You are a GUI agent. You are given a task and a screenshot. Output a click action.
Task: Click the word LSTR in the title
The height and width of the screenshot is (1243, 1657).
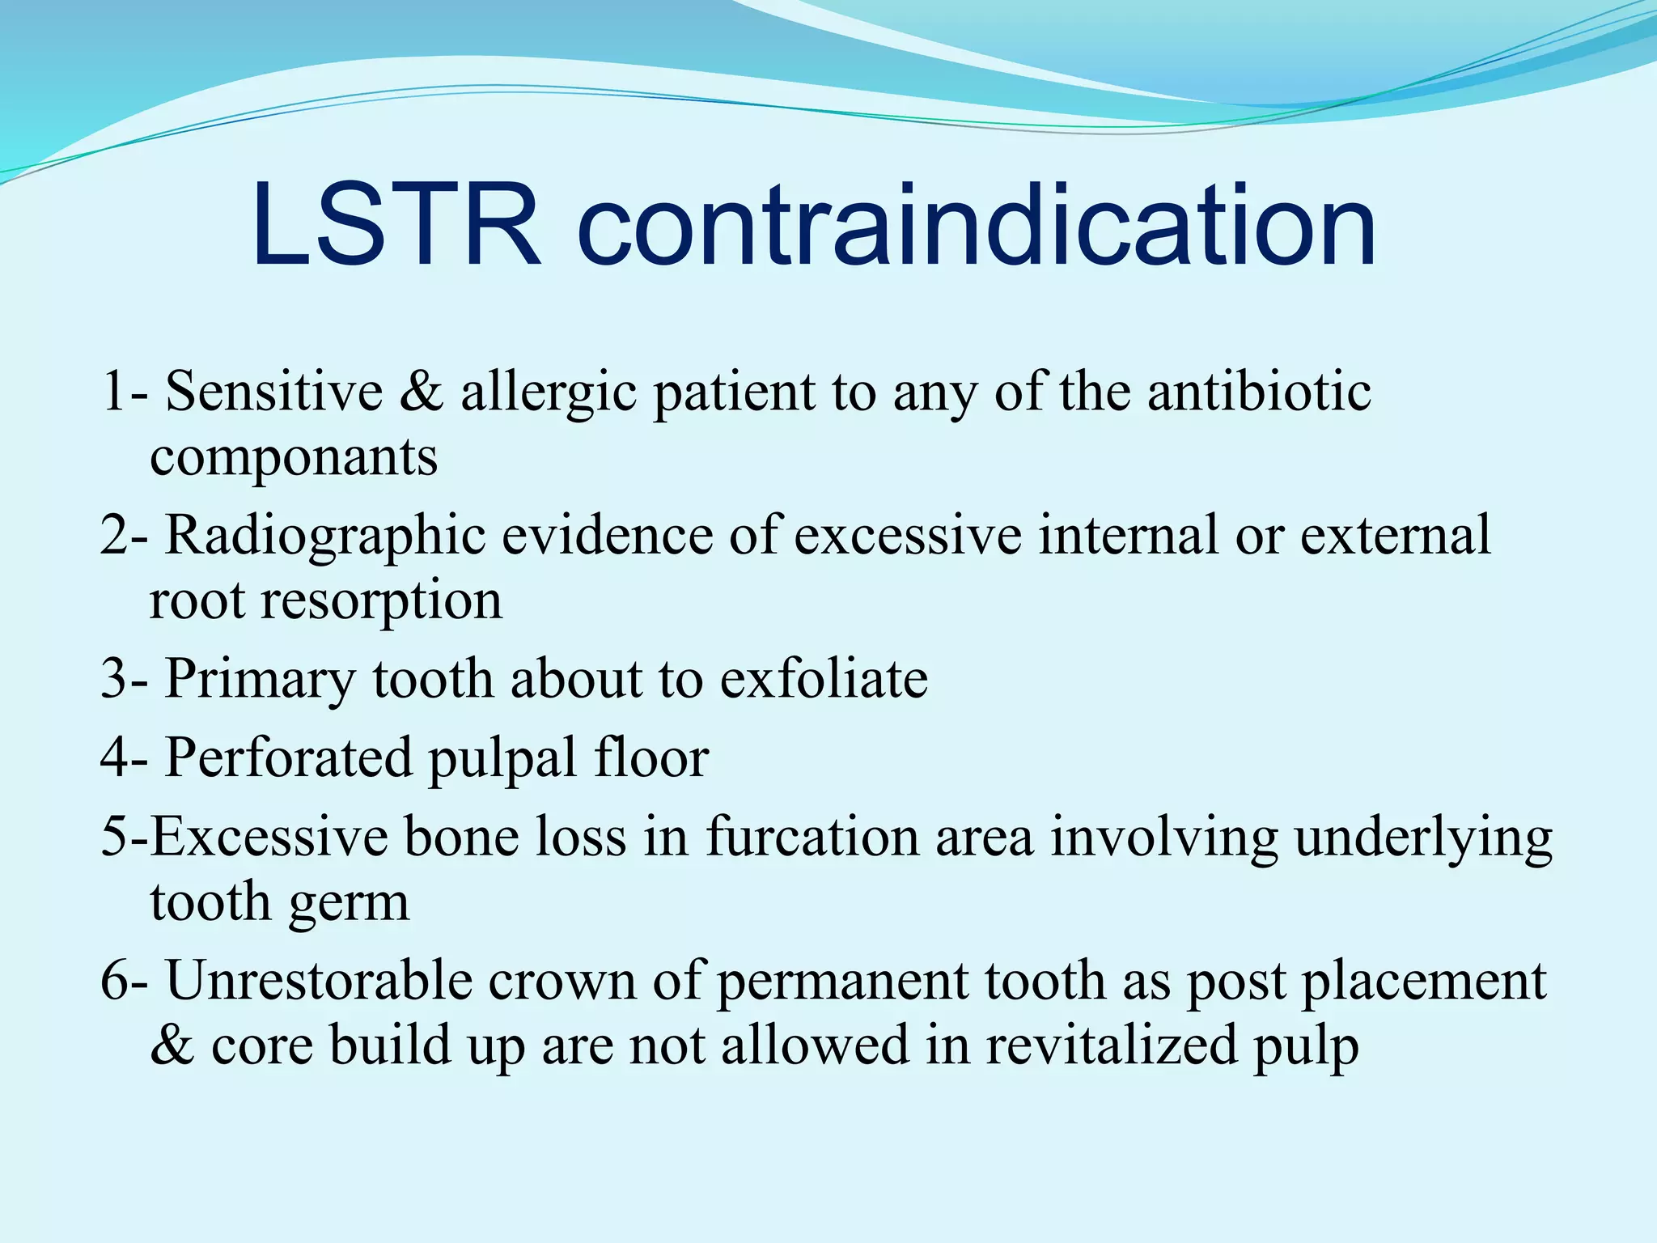(x=396, y=226)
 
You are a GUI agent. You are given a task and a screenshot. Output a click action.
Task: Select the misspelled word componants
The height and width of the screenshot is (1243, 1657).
(x=294, y=457)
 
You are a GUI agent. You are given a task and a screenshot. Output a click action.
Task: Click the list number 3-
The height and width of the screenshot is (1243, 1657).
(x=124, y=678)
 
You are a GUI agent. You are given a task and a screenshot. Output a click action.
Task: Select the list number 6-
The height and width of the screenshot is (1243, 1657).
(x=124, y=980)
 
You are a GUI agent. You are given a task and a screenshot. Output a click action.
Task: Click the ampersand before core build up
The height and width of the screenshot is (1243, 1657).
(x=172, y=1045)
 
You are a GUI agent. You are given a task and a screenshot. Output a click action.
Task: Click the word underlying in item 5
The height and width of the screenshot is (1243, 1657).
(x=1423, y=838)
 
